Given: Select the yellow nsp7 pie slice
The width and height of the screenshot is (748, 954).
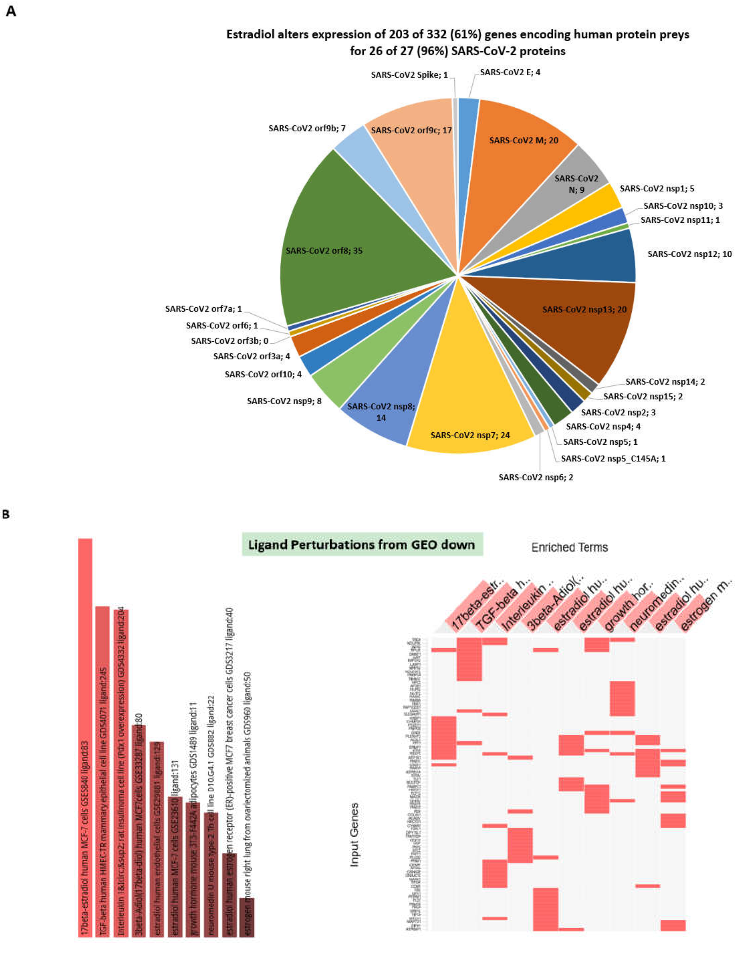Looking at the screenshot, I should pos(469,421).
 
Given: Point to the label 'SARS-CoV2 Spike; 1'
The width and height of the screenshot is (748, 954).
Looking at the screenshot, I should pos(409,75).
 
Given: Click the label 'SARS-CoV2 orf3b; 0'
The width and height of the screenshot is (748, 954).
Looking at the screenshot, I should pos(229,341).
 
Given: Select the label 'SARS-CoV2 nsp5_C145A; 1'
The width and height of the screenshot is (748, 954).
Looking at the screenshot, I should pos(613,459).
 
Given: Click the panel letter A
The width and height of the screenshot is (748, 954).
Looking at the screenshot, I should pos(11,12).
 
